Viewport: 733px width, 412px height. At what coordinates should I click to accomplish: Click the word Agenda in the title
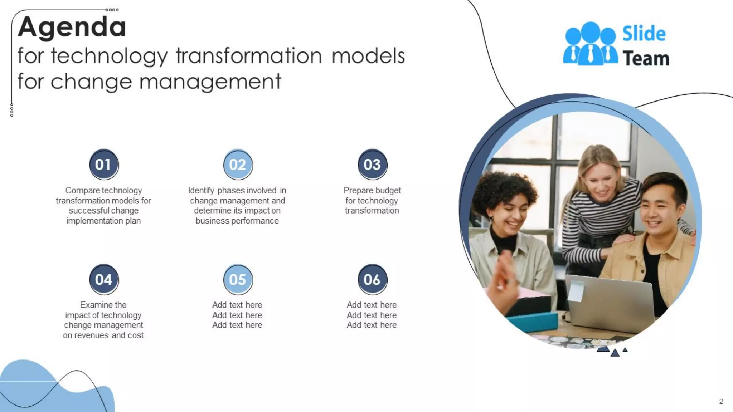pos(72,27)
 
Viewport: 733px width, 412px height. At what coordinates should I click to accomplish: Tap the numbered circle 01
pos(104,165)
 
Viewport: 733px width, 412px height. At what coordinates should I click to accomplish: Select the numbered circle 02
pos(238,165)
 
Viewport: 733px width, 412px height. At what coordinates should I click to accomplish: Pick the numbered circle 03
pos(372,165)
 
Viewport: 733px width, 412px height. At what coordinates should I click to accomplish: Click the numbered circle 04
pos(104,279)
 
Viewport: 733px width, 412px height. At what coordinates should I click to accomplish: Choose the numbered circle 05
pos(238,279)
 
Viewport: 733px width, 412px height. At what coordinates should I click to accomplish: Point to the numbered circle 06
pos(372,279)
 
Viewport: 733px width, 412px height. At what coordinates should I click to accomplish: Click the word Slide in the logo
pos(644,34)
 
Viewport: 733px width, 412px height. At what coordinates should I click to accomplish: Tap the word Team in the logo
pos(646,58)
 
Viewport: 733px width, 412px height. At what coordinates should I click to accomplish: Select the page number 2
pos(721,401)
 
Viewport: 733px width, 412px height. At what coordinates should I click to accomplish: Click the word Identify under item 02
pos(201,190)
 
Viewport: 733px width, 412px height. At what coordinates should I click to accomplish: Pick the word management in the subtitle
pos(210,82)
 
